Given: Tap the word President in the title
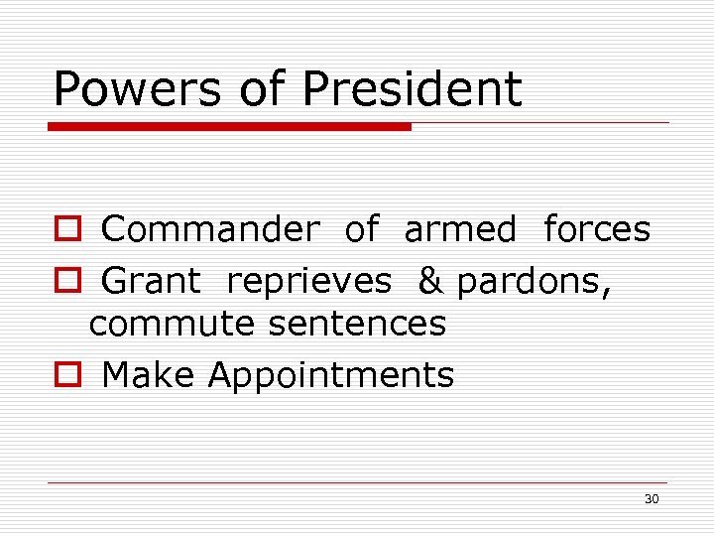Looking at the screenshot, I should (412, 88).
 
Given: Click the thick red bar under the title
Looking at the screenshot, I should (230, 127).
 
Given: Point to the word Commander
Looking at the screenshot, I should (210, 229).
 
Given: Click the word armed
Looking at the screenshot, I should (460, 229).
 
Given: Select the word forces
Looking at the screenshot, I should (597, 229).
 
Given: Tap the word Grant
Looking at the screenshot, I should (151, 281).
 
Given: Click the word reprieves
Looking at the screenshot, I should (308, 283).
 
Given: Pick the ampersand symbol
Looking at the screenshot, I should (430, 281).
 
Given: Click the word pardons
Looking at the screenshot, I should (533, 283).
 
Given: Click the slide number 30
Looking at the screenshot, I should (651, 498).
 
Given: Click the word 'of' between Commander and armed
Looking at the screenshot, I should (361, 229).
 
